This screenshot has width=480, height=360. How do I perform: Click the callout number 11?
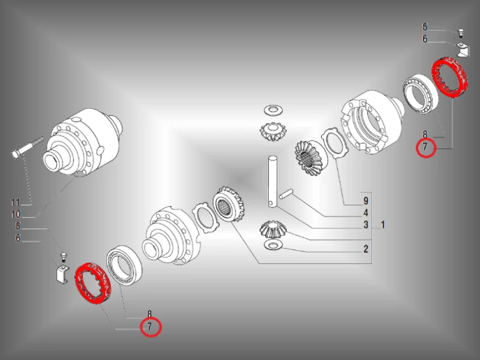tap(15, 202)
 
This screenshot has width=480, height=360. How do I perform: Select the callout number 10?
tap(16, 214)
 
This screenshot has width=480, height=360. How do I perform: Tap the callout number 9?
tap(366, 201)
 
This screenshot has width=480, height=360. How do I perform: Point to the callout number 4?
tap(366, 213)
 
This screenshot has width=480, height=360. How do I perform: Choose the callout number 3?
tap(366, 225)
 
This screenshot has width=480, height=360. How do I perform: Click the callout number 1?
tap(383, 225)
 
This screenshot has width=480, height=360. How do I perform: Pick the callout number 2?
tap(366, 249)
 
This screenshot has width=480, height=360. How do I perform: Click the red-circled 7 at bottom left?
tap(150, 327)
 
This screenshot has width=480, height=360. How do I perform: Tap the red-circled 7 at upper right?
tap(425, 148)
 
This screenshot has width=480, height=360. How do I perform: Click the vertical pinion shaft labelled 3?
tap(272, 182)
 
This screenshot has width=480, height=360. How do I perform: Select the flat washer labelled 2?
tap(272, 245)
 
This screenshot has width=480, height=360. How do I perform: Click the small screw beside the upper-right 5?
tap(460, 33)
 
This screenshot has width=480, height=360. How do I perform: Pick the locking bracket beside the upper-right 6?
tap(461, 49)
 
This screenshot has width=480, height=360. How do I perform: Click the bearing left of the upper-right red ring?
tap(420, 93)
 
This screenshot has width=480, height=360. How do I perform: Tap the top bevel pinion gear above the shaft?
tap(273, 131)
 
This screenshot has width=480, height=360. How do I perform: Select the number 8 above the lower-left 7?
tap(149, 314)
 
